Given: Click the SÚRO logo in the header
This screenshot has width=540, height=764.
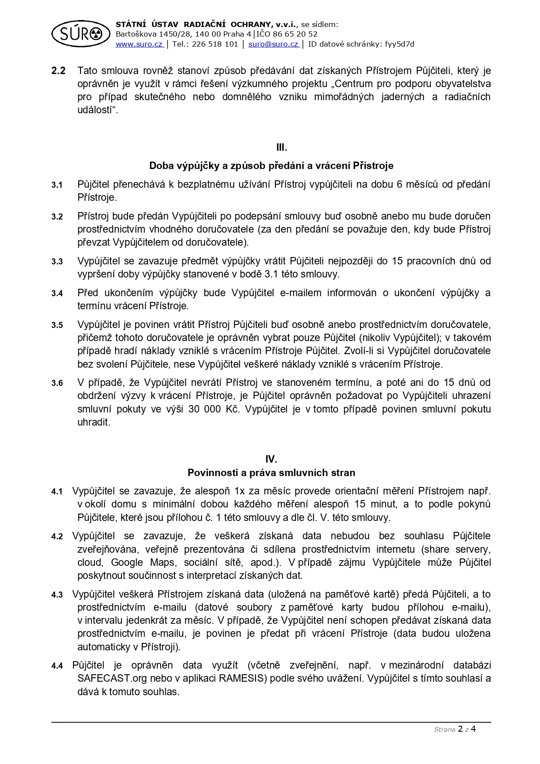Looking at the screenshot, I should click(x=80, y=34).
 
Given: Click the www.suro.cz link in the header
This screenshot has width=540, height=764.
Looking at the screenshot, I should click(x=139, y=44).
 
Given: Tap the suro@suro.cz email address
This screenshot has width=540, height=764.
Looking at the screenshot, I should click(x=273, y=44).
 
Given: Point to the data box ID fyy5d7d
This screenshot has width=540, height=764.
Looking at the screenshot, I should click(x=399, y=44).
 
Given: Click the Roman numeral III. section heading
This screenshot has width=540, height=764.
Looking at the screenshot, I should click(x=282, y=147).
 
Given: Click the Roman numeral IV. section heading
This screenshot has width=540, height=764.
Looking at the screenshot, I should click(x=271, y=459).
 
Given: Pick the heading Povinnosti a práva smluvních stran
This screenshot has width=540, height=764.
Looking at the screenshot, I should click(x=271, y=473).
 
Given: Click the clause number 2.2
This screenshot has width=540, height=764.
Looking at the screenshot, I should click(x=58, y=71).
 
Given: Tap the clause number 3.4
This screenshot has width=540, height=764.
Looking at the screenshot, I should click(x=57, y=294).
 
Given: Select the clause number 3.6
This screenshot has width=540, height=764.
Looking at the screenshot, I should click(x=57, y=383).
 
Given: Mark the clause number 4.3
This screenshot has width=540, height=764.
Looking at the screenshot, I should click(x=57, y=595).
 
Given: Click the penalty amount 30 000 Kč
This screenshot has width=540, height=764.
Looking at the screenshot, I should click(x=213, y=409).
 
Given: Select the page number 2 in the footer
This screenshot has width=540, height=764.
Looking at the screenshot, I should click(x=460, y=729).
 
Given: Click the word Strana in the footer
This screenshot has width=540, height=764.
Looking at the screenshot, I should click(x=444, y=730).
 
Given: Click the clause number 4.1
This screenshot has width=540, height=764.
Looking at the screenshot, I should click(x=57, y=492).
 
